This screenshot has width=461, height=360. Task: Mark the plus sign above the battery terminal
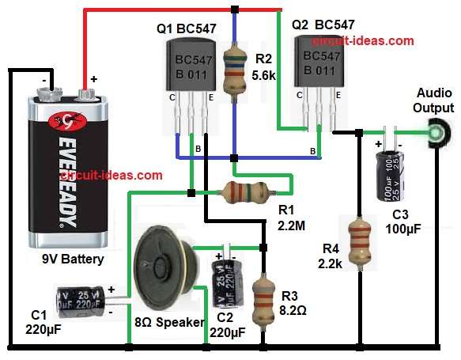93,79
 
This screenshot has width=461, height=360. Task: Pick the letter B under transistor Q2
314,150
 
